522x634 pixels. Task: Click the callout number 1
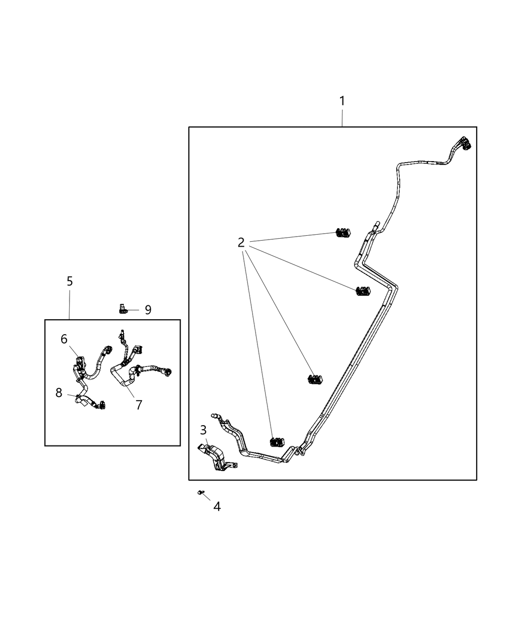click(342, 101)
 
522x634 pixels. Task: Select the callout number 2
click(241, 243)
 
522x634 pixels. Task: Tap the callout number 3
click(203, 430)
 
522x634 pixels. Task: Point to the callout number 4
click(217, 507)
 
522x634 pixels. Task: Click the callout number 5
click(70, 281)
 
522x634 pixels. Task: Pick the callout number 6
click(64, 339)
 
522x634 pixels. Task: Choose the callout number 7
click(139, 405)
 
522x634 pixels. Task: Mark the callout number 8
click(59, 393)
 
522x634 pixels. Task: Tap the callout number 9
click(148, 310)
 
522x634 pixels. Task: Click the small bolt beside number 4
click(200, 492)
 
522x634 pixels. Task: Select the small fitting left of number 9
click(122, 309)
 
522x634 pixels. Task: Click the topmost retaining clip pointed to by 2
click(342, 233)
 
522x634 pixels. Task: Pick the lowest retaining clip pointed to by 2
click(277, 442)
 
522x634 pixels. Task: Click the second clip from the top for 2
click(363, 291)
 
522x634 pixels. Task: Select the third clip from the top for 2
click(315, 379)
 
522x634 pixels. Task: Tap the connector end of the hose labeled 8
click(102, 406)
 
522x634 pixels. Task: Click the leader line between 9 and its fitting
click(135, 309)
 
